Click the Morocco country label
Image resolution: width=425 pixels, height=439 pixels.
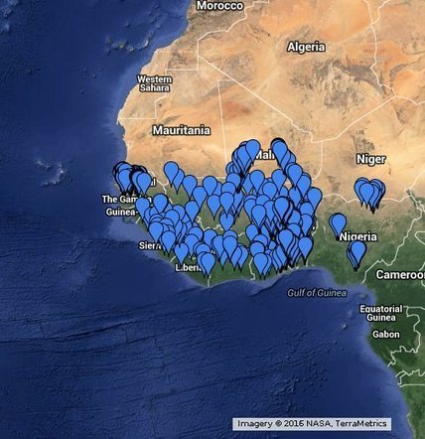(219, 6)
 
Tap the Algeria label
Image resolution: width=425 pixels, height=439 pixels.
(305, 47)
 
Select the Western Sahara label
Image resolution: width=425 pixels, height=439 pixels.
(154, 83)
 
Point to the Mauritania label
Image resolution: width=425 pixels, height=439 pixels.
(181, 130)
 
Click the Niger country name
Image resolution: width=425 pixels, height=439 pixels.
(370, 158)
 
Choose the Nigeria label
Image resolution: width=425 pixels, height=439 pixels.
(357, 237)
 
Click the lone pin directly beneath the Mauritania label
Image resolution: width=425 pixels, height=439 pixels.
(172, 173)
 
